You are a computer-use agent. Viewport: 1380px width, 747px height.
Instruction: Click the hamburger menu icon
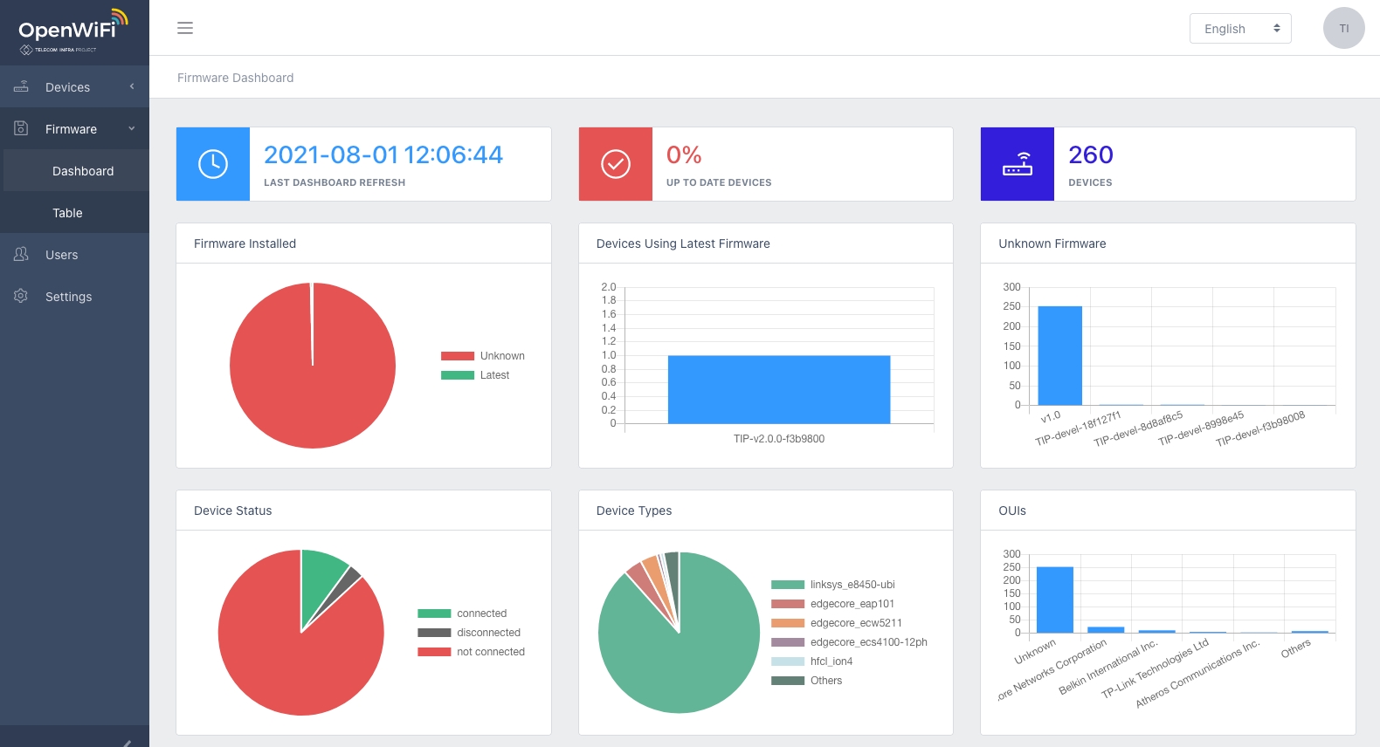(185, 28)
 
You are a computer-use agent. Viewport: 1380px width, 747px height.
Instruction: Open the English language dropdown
(1239, 29)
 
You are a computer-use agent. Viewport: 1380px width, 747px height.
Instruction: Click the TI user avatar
(1343, 28)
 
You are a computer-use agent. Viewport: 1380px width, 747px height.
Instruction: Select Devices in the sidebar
(68, 87)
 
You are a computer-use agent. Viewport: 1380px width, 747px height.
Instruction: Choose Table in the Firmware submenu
(67, 213)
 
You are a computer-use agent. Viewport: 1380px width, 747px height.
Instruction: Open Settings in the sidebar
(68, 297)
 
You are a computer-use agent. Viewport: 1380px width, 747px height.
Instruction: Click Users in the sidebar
(61, 255)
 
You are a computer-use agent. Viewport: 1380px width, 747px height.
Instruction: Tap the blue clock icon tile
(213, 164)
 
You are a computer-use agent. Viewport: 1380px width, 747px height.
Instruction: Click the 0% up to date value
(684, 155)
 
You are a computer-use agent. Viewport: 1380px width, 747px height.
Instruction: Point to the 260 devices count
(1090, 155)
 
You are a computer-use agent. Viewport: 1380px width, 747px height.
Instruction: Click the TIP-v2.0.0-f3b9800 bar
(778, 389)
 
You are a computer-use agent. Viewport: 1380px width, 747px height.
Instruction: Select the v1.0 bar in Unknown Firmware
(1059, 355)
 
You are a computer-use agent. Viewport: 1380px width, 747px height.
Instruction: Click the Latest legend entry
(494, 375)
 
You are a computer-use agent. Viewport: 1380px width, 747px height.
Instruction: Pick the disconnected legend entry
(488, 633)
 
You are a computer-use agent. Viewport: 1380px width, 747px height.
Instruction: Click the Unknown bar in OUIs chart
(1054, 600)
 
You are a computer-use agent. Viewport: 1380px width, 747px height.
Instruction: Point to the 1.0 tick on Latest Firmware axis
(609, 355)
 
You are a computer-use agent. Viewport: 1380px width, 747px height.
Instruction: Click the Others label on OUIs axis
(1296, 648)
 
